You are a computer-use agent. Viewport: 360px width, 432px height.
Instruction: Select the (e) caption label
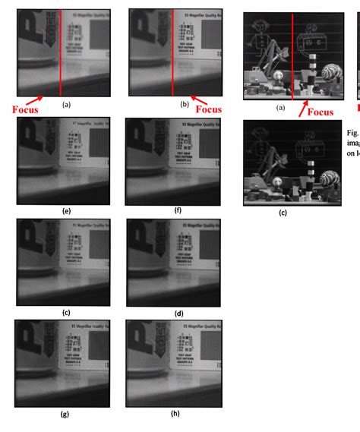[67, 210]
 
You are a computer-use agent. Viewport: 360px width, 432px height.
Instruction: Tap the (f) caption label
[177, 210]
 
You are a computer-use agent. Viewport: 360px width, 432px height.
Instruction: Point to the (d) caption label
[178, 313]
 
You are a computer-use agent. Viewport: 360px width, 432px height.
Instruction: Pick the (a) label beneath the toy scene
[280, 108]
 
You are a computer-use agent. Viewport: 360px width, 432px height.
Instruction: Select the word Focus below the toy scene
[321, 112]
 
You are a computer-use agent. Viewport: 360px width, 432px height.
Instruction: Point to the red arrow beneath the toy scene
[303, 106]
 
